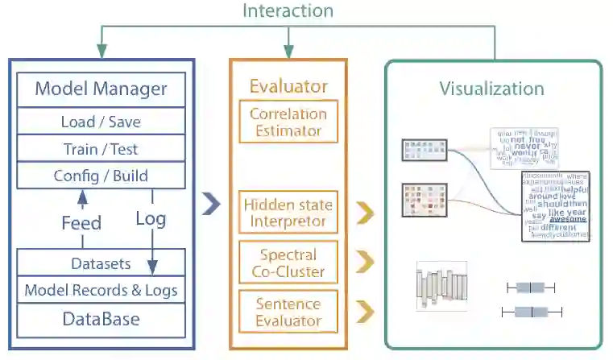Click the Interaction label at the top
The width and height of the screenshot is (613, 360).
tap(288, 11)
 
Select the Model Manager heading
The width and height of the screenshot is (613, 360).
tap(101, 88)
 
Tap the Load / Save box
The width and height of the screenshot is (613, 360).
tap(101, 122)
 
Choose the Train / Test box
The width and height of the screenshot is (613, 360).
tap(101, 149)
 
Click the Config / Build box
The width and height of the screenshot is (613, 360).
tap(101, 176)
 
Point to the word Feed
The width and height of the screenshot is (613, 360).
tap(81, 222)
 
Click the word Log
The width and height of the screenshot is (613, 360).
tap(151, 218)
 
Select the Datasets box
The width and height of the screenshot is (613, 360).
tap(101, 263)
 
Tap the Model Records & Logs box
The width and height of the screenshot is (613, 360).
tap(101, 290)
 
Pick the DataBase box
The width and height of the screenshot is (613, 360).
tap(101, 319)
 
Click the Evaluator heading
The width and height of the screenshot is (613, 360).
tap(288, 86)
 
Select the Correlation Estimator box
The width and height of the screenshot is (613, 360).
tap(288, 122)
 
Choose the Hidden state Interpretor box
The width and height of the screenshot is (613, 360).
tap(288, 213)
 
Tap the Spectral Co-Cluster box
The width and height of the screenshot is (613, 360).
tap(288, 263)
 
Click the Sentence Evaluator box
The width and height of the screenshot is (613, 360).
tap(288, 312)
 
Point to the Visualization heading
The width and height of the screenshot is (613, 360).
tap(492, 89)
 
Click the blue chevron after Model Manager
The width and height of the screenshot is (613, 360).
tap(211, 205)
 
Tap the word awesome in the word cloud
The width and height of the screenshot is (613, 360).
tap(568, 218)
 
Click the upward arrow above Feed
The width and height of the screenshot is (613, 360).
tap(81, 196)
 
